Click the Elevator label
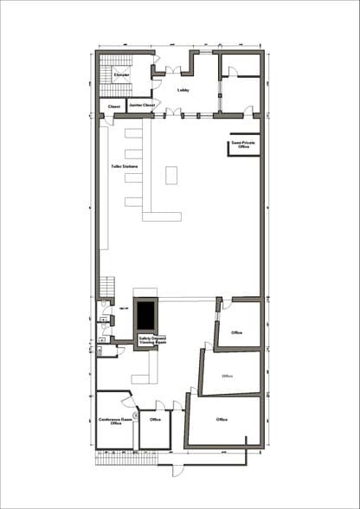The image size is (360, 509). tap(121, 74)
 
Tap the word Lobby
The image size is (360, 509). tap(183, 89)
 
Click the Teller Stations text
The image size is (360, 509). tap(125, 166)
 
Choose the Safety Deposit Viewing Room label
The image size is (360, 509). tap(152, 340)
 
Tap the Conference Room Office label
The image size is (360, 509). tap(114, 421)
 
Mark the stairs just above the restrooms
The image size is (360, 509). tap(107, 286)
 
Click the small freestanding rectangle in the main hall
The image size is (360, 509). tap(171, 174)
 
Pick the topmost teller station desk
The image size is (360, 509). tap(132, 134)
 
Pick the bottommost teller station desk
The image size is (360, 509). tap(132, 203)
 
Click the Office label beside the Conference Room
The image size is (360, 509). tap(155, 420)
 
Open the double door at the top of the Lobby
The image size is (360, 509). tap(174, 60)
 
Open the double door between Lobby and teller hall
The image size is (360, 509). tap(174, 112)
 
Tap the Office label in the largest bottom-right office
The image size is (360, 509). tap(222, 420)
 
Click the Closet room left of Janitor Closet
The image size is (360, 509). tap(113, 106)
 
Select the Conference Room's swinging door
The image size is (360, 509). tap(128, 400)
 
